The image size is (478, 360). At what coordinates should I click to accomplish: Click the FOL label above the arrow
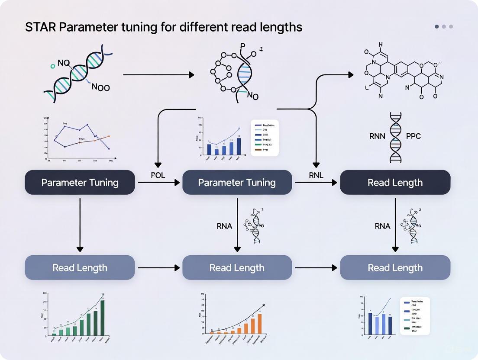pyautogui.click(x=158, y=176)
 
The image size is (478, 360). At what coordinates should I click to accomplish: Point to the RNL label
pyautogui.click(x=316, y=176)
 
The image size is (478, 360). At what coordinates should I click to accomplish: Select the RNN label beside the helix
pyautogui.click(x=377, y=136)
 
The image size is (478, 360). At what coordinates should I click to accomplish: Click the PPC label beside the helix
pyautogui.click(x=413, y=136)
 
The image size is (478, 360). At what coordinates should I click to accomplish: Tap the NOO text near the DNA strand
pyautogui.click(x=101, y=87)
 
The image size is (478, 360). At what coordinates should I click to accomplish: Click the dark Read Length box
pyautogui.click(x=395, y=183)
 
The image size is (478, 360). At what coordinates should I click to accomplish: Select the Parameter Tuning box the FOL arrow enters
pyautogui.click(x=237, y=183)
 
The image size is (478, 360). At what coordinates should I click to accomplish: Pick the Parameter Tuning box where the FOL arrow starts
pyautogui.click(x=80, y=183)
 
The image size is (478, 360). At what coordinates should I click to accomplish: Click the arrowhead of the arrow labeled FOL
pyautogui.click(x=177, y=183)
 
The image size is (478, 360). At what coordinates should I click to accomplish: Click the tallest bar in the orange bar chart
pyautogui.click(x=260, y=324)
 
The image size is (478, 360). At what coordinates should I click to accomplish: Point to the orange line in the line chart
pyautogui.click(x=93, y=140)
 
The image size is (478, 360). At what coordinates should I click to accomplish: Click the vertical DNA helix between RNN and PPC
pyautogui.click(x=395, y=137)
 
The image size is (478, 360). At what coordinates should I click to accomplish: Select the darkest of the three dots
pyautogui.click(x=437, y=26)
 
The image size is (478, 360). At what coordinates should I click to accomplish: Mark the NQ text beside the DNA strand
pyautogui.click(x=63, y=64)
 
